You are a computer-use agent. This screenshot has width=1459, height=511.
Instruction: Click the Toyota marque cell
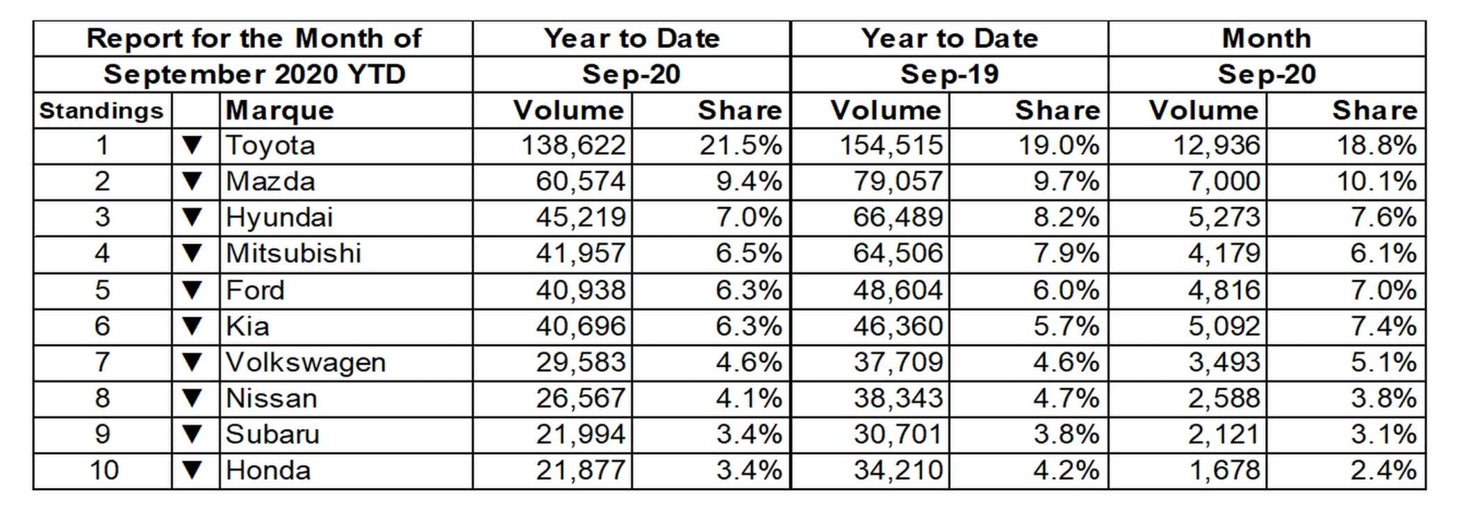coord(271,146)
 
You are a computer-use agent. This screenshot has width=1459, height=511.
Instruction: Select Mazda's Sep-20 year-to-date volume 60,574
coord(580,182)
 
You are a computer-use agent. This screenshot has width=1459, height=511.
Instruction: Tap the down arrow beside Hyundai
coord(192,218)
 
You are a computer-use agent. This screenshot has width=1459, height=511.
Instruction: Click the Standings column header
coord(101,111)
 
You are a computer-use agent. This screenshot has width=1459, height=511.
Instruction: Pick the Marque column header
coord(280,111)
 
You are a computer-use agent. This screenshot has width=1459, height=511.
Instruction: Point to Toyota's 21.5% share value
coord(741,146)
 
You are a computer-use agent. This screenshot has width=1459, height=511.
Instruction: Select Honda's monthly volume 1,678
coord(1224,471)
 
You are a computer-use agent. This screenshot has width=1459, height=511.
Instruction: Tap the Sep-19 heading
coord(949,74)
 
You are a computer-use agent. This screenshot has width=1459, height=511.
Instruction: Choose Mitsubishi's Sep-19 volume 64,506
coord(898,254)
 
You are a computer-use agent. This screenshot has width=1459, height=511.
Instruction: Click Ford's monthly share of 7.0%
coord(1383,290)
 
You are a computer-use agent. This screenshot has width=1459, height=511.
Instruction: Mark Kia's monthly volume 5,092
coord(1223,326)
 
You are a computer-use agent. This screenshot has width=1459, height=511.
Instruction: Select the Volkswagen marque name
coord(306,363)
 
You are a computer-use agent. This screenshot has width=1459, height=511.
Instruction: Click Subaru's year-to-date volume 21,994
coord(580,435)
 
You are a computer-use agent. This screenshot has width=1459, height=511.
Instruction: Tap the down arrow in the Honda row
coord(192,471)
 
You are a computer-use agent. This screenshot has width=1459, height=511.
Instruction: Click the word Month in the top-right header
coord(1266,38)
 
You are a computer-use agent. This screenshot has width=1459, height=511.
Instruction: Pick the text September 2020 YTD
coord(254,74)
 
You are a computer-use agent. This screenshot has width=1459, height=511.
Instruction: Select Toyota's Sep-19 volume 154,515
coord(891,146)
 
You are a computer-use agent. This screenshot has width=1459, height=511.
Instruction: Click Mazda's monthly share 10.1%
coord(1376,182)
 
